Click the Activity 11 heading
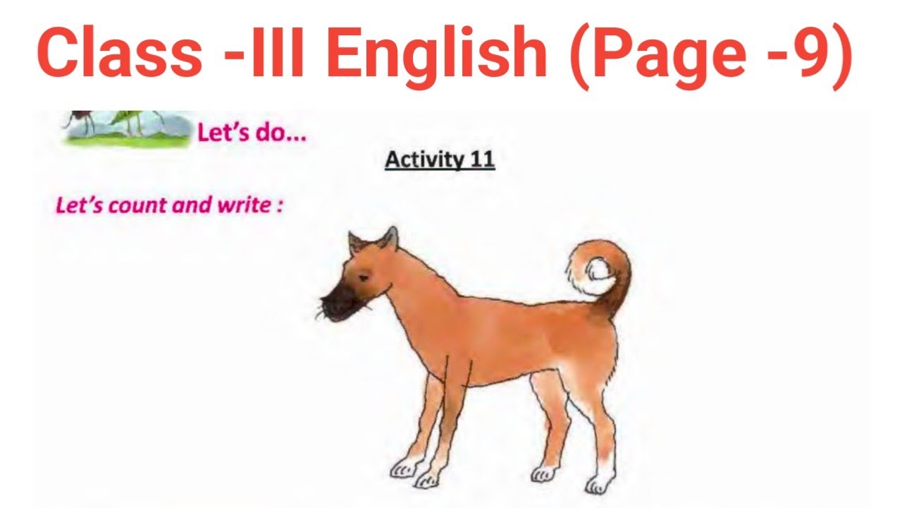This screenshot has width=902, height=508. [x=440, y=160]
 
